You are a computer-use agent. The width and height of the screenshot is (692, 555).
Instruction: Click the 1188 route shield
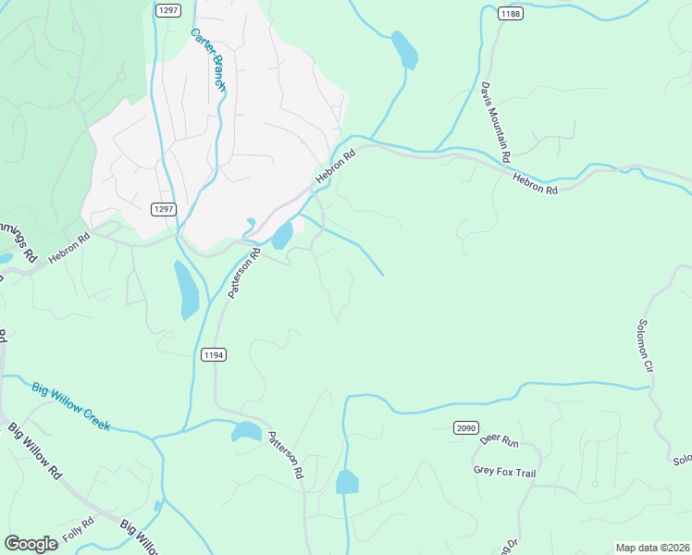[x=509, y=13]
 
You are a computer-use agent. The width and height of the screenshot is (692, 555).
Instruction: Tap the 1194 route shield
[x=212, y=354]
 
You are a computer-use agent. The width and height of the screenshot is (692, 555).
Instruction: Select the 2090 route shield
[x=465, y=427]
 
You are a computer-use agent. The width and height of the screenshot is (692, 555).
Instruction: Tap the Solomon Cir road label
[x=645, y=346]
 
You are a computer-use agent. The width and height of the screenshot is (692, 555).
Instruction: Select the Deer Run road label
[x=497, y=441]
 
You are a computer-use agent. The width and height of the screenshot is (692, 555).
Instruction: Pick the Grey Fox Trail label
[x=504, y=472]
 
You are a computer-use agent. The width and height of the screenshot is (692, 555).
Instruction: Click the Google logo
[x=31, y=544]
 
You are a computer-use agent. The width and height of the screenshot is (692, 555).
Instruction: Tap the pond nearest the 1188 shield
[x=404, y=50]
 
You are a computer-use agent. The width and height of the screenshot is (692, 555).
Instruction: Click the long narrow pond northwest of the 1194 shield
[x=186, y=289]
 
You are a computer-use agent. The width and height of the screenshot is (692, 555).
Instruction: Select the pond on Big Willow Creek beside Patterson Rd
[x=247, y=431]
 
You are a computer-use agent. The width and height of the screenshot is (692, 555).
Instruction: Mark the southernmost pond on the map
[x=347, y=482]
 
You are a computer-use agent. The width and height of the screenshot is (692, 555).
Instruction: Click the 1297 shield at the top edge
[x=167, y=10]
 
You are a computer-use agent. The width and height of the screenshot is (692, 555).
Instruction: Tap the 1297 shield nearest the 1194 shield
[x=163, y=209]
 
